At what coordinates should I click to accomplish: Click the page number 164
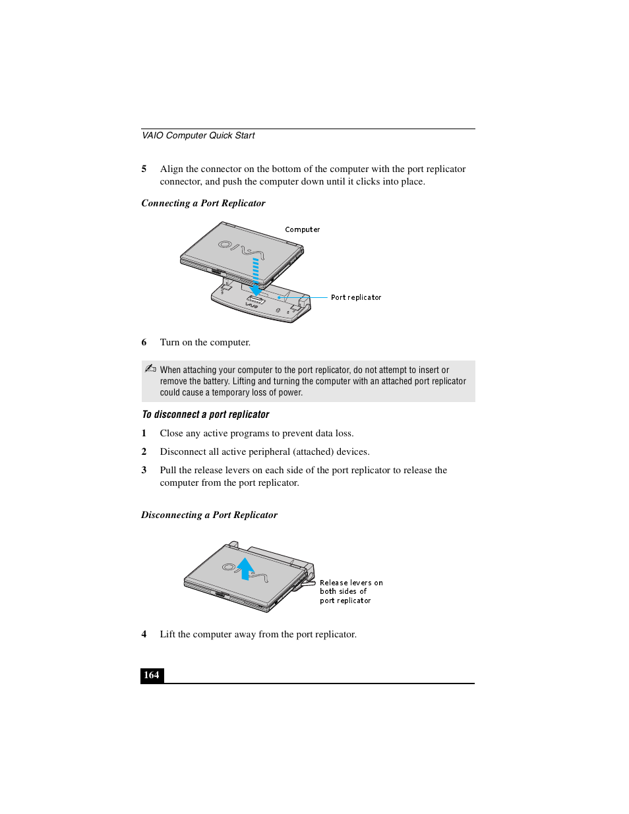pyautogui.click(x=152, y=675)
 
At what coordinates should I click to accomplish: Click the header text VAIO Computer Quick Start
pyautogui.click(x=198, y=136)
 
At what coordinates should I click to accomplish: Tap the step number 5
pyautogui.click(x=144, y=169)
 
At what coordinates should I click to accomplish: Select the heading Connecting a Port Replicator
pyautogui.click(x=203, y=204)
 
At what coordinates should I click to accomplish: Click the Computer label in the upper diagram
pyautogui.click(x=302, y=230)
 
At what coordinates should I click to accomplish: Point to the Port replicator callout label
pyautogui.click(x=356, y=298)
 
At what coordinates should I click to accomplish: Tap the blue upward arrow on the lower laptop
pyautogui.click(x=245, y=568)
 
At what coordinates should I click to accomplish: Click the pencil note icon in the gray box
pyautogui.click(x=150, y=369)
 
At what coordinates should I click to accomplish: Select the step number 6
pyautogui.click(x=144, y=343)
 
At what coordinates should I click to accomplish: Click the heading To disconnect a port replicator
pyautogui.click(x=205, y=415)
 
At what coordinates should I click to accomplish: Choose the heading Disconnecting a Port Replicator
pyautogui.click(x=209, y=515)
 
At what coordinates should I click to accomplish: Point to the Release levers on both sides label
pyautogui.click(x=350, y=592)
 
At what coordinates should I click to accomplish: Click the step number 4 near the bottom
pyautogui.click(x=144, y=635)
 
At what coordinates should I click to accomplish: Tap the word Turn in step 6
pyautogui.click(x=169, y=343)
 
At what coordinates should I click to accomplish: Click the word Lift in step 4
pyautogui.click(x=167, y=635)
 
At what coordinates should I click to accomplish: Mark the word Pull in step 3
pyautogui.click(x=168, y=471)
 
